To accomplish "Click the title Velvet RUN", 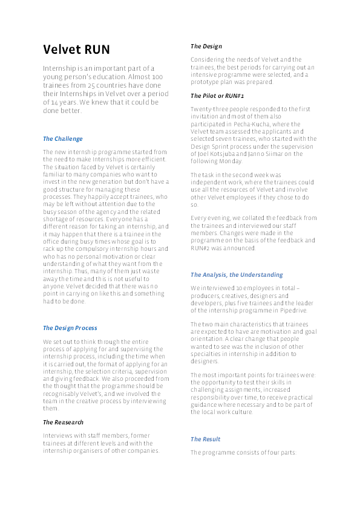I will [76, 50].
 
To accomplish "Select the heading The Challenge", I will [62, 139].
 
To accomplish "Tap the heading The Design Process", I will [70, 328].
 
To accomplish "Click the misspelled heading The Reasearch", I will [63, 422].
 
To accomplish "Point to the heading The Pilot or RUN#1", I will [217, 96].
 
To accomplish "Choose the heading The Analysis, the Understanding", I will [236, 275].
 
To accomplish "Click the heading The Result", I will [205, 439].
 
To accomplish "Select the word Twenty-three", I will [209, 109].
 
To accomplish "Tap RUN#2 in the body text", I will [201, 247].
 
